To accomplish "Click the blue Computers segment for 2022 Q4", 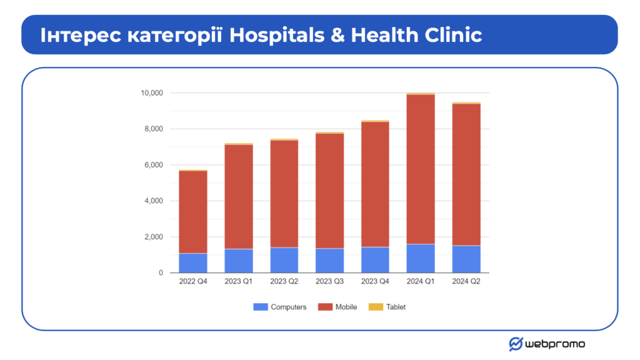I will (x=193, y=263).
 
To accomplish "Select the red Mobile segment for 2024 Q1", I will (x=421, y=169).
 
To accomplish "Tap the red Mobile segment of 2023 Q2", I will (x=284, y=194).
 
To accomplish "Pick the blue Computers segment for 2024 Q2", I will (x=466, y=259).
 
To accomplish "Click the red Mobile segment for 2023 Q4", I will (x=375, y=184).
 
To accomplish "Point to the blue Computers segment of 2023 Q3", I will (x=329, y=261).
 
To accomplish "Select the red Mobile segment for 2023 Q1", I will (x=239, y=197).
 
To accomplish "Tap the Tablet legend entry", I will (x=387, y=307).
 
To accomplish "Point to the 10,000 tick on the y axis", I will (x=151, y=93).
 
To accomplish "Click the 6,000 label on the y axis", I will (x=154, y=165).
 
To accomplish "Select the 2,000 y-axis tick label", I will (x=154, y=237).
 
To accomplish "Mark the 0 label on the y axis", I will (x=161, y=273).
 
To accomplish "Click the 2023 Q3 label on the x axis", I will (x=329, y=282).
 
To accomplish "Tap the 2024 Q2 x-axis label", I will (x=466, y=282).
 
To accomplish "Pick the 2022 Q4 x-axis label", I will (x=193, y=282).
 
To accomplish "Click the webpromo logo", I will (x=547, y=344).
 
